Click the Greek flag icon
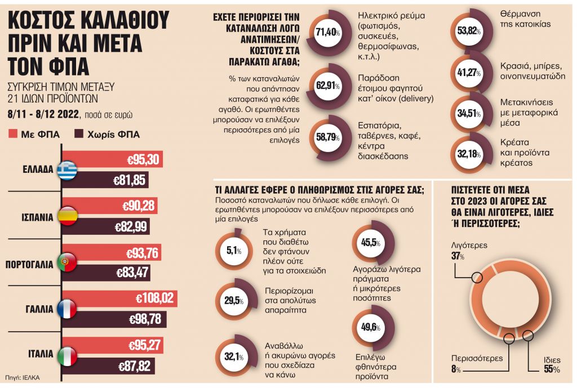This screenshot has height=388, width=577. [x=68, y=170]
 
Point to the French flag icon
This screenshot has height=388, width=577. [x=68, y=309]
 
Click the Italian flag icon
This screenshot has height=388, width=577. [x=68, y=355]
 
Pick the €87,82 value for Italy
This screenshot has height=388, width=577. [x=134, y=366]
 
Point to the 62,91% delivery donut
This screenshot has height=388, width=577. [x=329, y=86]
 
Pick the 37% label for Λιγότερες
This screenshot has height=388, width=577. [x=458, y=257]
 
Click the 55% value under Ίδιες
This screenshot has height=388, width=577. [x=552, y=369]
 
